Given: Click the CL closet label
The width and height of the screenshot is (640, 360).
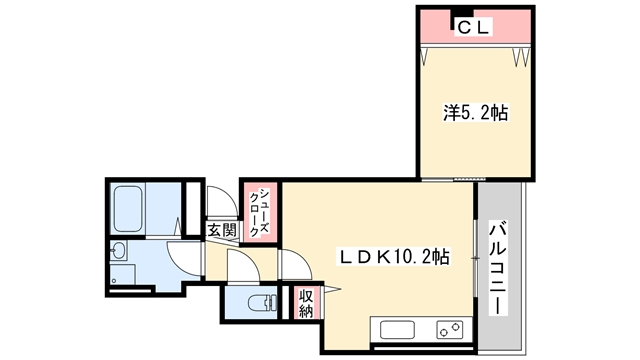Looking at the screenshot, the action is click(473, 28).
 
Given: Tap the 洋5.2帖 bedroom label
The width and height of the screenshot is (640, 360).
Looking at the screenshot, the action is click(476, 113).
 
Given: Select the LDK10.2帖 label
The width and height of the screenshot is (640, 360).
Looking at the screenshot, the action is click(393, 257).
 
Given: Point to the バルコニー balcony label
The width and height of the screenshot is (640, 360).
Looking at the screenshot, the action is click(498, 268).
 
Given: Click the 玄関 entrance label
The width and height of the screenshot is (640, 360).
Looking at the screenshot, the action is click(222, 230).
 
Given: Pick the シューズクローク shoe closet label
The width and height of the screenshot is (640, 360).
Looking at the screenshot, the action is click(259, 213).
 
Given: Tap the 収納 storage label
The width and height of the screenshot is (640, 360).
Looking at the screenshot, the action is click(306, 303).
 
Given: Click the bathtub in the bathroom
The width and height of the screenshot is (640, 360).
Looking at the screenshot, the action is click(128, 209).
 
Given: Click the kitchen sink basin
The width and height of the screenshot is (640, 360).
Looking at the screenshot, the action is click(397, 330).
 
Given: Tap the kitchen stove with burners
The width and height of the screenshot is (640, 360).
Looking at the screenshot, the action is click(450, 330).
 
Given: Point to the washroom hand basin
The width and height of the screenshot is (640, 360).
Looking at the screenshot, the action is click(119, 250).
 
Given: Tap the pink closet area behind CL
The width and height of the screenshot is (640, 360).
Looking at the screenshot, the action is click(476, 26).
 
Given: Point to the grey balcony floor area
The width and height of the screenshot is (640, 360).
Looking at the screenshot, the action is click(500, 266).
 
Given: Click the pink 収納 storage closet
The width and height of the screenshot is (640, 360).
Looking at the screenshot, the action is click(306, 303).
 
